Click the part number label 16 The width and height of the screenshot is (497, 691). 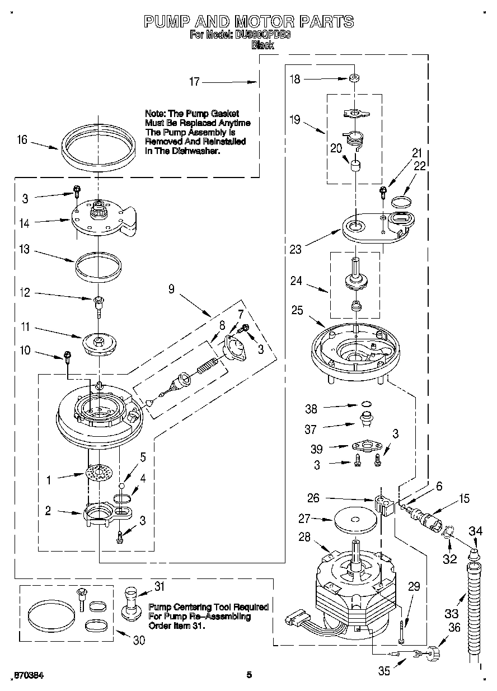pyautogui.click(x=22, y=139)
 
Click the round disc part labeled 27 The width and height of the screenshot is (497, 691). pyautogui.click(x=355, y=519)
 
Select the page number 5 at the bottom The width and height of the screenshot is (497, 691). pyautogui.click(x=249, y=675)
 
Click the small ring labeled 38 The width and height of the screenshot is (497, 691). pyautogui.click(x=365, y=404)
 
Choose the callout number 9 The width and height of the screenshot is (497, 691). pyautogui.click(x=171, y=290)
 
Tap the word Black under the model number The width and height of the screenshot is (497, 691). pyautogui.click(x=262, y=45)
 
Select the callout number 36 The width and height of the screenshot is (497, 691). pyautogui.click(x=454, y=628)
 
